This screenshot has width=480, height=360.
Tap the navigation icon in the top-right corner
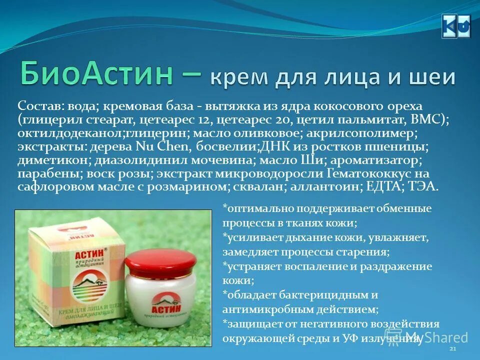tap(456, 26)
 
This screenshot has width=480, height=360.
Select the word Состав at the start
tap(36, 106)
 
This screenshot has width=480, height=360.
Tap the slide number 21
tap(453, 348)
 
